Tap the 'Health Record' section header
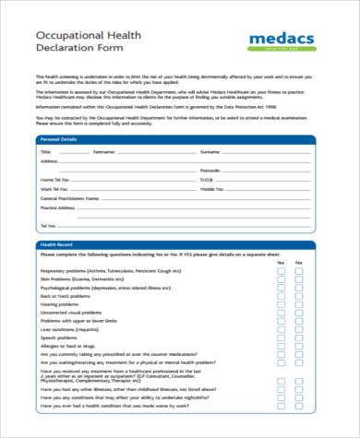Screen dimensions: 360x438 point(54,243)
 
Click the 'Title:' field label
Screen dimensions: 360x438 point(45,149)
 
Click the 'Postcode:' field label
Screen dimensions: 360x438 point(210,171)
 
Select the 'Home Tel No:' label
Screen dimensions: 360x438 point(54,180)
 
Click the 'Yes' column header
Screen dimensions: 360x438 point(281,262)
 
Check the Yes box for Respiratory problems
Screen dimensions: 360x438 point(281,271)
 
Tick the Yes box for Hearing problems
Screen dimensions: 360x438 point(281,303)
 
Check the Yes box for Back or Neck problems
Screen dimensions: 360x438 point(281,295)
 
